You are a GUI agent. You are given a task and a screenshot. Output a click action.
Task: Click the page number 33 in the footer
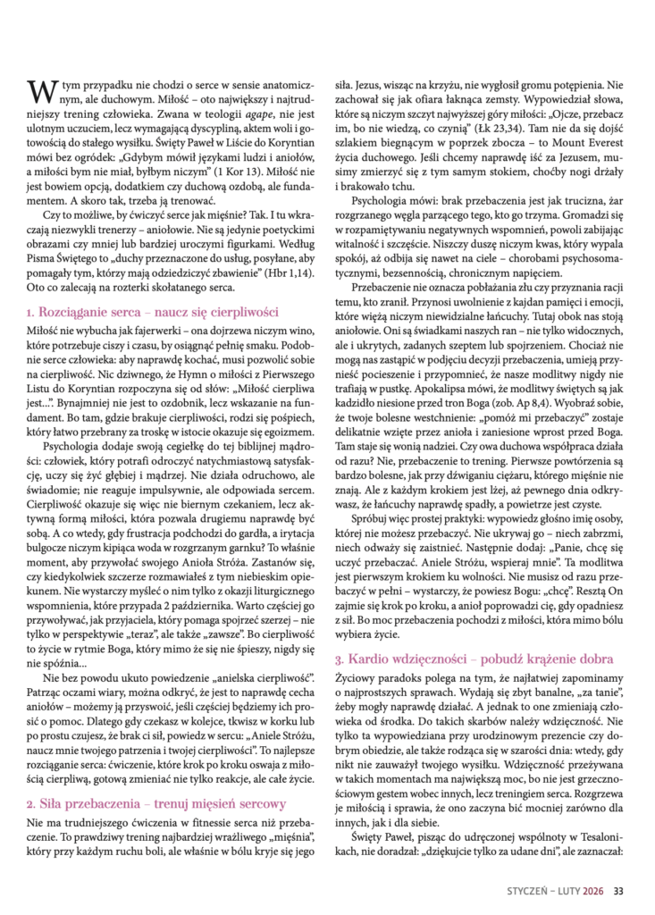click(617, 888)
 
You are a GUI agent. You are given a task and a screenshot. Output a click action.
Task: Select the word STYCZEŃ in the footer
click(527, 888)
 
